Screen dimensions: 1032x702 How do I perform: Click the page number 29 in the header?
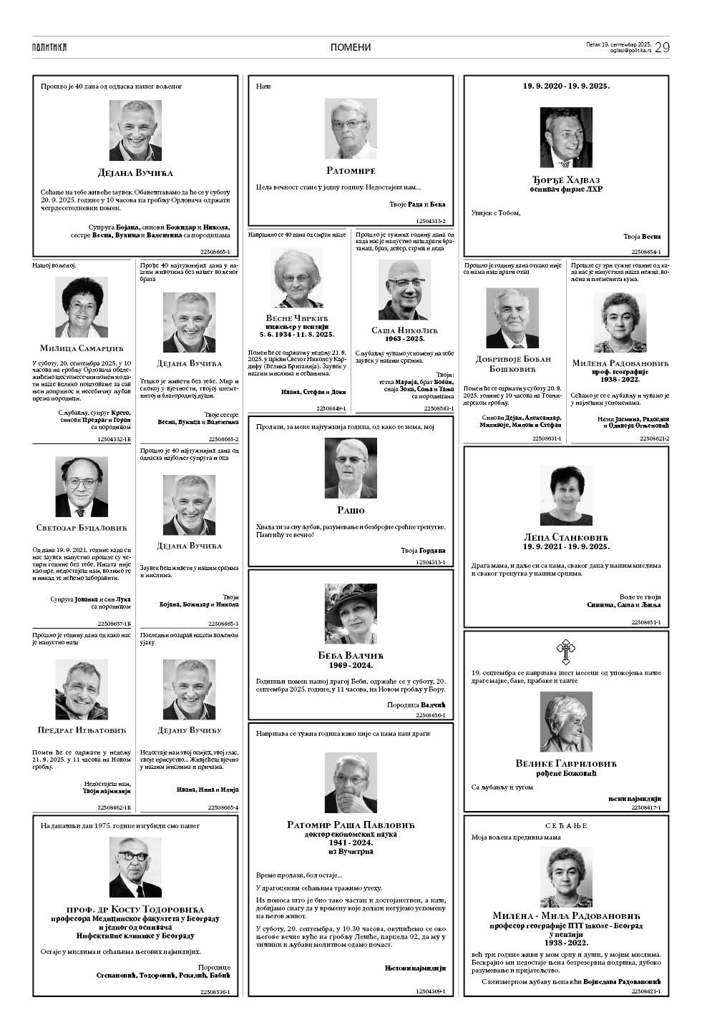click(x=662, y=47)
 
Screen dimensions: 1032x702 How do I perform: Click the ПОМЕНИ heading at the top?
click(x=351, y=47)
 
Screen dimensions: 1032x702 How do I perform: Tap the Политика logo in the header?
click(x=49, y=47)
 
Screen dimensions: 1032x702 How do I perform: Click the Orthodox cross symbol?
click(x=566, y=652)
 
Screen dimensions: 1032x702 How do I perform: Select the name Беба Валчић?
click(x=351, y=655)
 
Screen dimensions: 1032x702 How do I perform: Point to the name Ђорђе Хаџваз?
click(x=566, y=178)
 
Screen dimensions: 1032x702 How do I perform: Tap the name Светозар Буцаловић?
click(x=82, y=528)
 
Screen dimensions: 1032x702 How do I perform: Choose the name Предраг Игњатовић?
click(x=82, y=730)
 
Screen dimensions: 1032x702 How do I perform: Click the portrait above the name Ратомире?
click(x=351, y=129)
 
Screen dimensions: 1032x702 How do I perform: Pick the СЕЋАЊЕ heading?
click(x=566, y=825)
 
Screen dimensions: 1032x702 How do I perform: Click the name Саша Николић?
click(x=404, y=330)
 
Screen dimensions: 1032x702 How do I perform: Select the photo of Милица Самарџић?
click(x=82, y=308)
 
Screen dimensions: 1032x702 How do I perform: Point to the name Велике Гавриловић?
click(x=566, y=764)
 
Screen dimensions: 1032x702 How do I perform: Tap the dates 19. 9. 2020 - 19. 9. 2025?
click(x=566, y=85)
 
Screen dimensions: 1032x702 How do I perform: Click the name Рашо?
click(x=351, y=510)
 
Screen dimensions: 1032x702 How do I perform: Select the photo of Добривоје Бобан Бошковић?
click(x=512, y=318)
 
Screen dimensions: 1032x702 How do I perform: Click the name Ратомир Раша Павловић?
click(x=351, y=825)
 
